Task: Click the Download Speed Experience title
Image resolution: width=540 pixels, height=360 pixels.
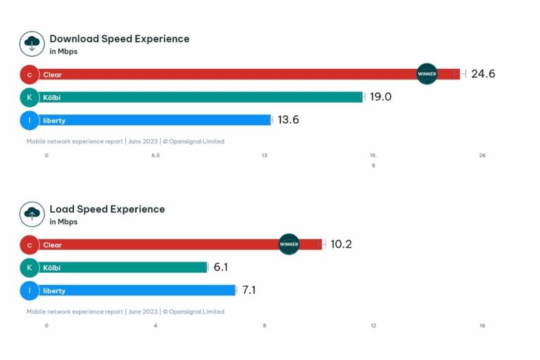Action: coord(119,39)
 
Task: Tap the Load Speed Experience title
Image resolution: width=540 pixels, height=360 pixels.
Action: coord(107,209)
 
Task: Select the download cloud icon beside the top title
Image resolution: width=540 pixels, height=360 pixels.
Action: coord(32,44)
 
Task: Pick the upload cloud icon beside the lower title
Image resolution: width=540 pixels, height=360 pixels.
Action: coord(32,214)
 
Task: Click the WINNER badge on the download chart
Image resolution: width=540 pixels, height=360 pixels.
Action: coord(427,74)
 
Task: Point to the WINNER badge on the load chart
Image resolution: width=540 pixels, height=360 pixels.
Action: coord(289,244)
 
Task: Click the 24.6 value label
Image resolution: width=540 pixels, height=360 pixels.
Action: coord(483,74)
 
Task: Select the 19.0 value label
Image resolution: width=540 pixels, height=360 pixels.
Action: coord(380,97)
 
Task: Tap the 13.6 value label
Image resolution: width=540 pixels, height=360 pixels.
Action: coord(288,120)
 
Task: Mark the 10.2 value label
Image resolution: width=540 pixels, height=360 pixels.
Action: coord(341,244)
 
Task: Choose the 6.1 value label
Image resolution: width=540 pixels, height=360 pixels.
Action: coord(221,267)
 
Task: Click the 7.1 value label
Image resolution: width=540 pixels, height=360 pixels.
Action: coord(248,290)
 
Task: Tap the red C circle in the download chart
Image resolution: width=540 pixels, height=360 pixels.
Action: coord(30,74)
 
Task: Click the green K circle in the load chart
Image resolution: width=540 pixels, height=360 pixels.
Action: coord(30,267)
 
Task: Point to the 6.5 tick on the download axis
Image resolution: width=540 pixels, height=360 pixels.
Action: coord(155,155)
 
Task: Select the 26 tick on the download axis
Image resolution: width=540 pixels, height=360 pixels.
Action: coord(482,155)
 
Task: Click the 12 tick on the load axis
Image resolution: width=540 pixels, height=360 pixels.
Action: coord(373,326)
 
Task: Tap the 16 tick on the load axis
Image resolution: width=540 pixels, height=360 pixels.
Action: coord(482,326)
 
